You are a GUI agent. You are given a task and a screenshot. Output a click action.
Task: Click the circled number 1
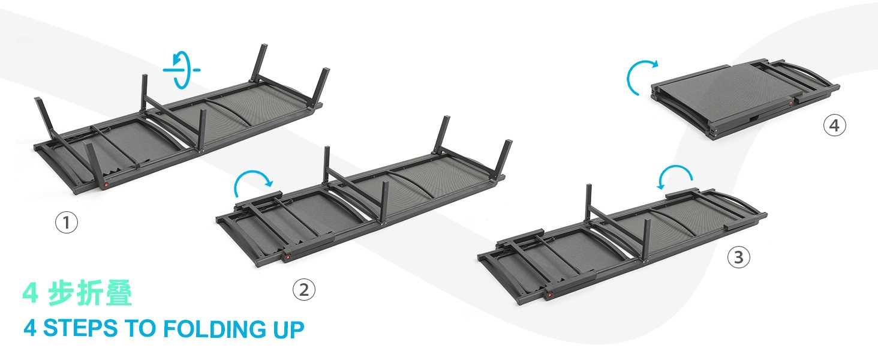click(66, 223)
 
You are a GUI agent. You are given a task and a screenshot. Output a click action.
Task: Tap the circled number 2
click(304, 290)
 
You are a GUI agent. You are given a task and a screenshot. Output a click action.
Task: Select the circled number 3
click(738, 257)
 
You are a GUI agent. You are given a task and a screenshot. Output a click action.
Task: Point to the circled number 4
click(834, 125)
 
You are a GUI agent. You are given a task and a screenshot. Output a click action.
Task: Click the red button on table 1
click(106, 185)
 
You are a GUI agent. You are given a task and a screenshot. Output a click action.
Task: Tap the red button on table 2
click(288, 257)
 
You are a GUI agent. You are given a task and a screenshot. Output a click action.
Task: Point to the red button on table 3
click(549, 294)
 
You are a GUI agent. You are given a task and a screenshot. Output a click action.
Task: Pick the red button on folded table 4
click(791, 103)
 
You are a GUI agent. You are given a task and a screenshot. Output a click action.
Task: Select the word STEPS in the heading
click(80, 328)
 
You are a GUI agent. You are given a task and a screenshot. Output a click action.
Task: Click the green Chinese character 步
click(61, 293)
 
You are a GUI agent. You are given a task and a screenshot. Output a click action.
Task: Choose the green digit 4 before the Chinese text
click(31, 293)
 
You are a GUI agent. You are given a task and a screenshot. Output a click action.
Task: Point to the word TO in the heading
click(140, 328)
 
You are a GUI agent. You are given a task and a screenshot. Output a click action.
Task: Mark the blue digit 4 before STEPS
click(30, 328)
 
